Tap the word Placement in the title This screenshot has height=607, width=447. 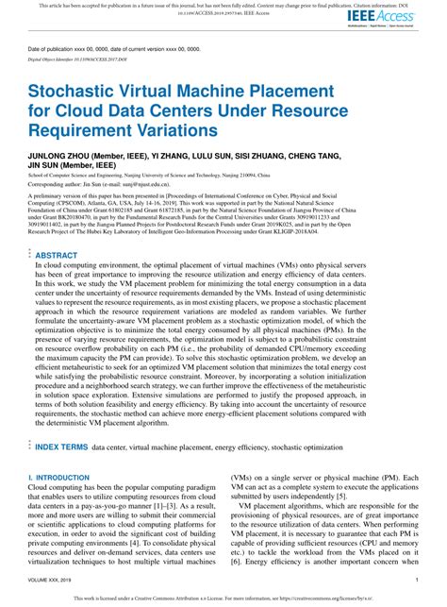292,93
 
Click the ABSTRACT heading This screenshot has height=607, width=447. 56,255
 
